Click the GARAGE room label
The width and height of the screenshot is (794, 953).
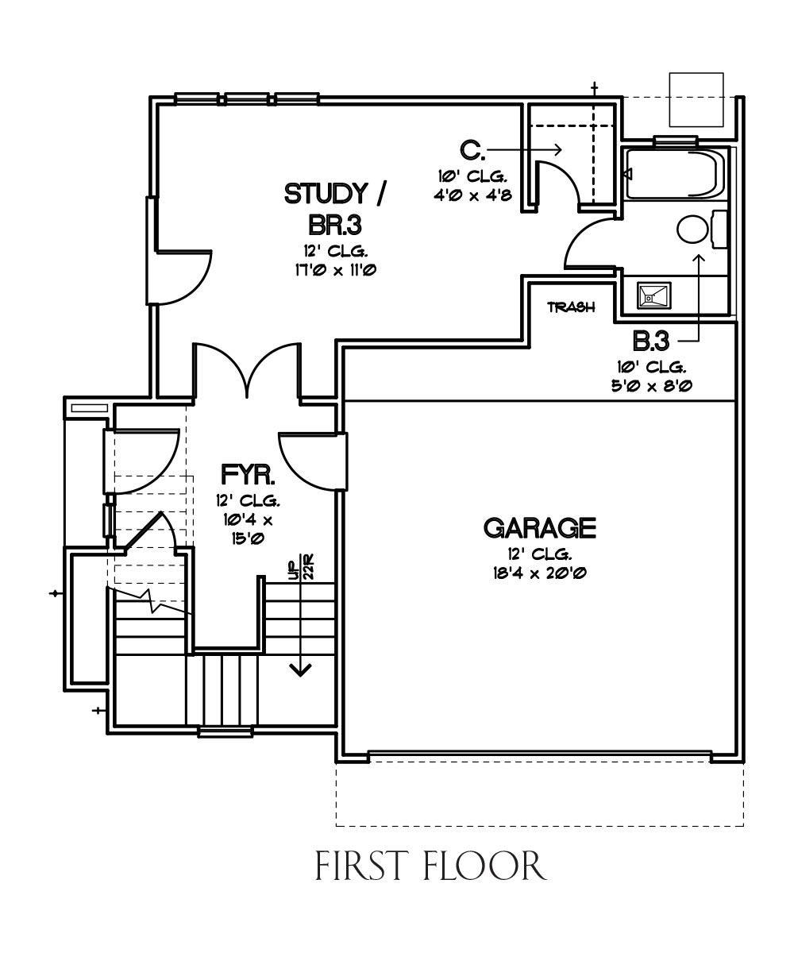[539, 528]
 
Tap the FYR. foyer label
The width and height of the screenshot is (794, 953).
[249, 475]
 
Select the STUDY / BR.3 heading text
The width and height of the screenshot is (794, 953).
[335, 209]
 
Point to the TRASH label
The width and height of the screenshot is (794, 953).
[572, 307]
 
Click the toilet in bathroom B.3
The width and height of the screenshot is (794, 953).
[701, 230]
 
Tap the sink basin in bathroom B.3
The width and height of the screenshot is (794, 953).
[654, 295]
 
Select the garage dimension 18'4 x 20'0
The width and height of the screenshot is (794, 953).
[540, 573]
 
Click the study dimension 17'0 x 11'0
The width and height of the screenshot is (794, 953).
[335, 270]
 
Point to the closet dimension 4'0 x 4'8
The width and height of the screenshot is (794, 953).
[472, 195]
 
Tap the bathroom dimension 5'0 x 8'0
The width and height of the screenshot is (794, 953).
[652, 386]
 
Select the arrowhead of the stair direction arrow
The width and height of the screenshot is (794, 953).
[300, 669]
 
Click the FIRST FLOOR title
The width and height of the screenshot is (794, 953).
[430, 866]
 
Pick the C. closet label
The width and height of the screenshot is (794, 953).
[472, 150]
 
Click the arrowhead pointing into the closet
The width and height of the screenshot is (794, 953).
[557, 149]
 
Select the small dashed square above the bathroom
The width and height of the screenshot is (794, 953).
[696, 99]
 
